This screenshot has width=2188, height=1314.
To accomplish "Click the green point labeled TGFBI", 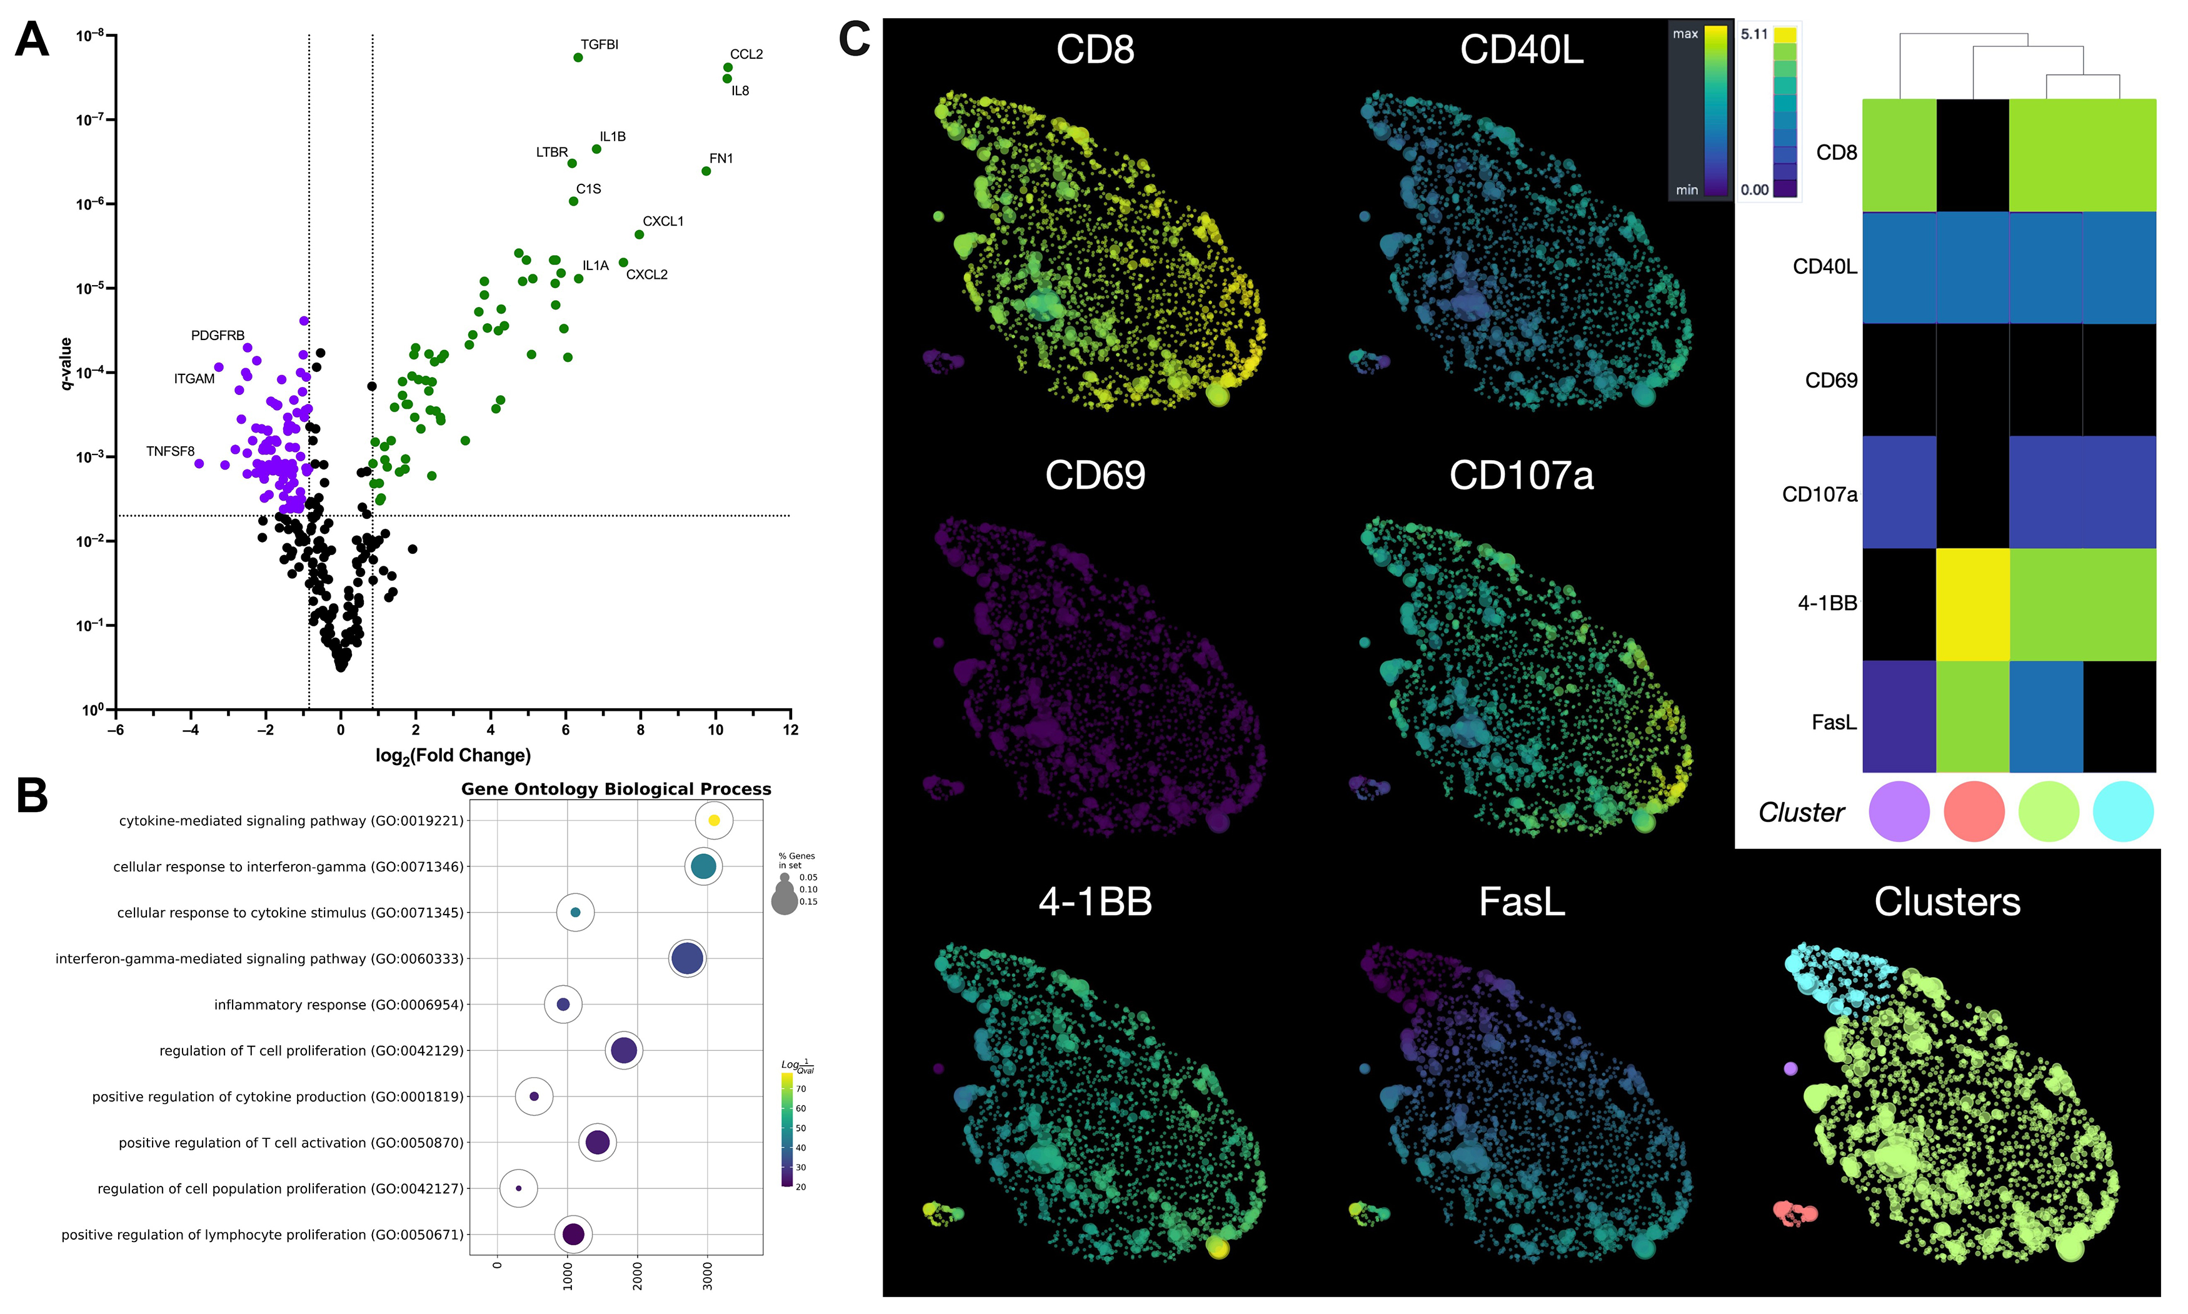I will point(578,58).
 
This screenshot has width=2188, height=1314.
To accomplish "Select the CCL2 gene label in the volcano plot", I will point(746,54).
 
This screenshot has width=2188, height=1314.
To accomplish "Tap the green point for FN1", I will point(706,171).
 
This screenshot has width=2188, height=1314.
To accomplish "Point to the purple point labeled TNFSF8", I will point(199,463).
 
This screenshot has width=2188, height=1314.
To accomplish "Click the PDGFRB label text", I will point(217,336).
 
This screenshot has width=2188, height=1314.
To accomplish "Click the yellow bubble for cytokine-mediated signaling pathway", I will point(714,821).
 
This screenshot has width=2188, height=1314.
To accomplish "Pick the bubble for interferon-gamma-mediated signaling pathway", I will point(687,958).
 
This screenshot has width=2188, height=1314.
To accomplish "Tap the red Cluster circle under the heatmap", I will point(1974,811).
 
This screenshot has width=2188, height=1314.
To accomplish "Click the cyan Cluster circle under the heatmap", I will point(2122,811).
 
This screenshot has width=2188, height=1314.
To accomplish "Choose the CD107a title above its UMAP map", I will point(1520,476).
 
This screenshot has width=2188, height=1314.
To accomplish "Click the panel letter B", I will point(33,795).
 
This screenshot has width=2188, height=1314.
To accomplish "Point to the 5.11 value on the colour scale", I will point(1754,34).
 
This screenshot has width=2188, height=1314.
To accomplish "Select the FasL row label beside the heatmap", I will point(1833,723).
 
